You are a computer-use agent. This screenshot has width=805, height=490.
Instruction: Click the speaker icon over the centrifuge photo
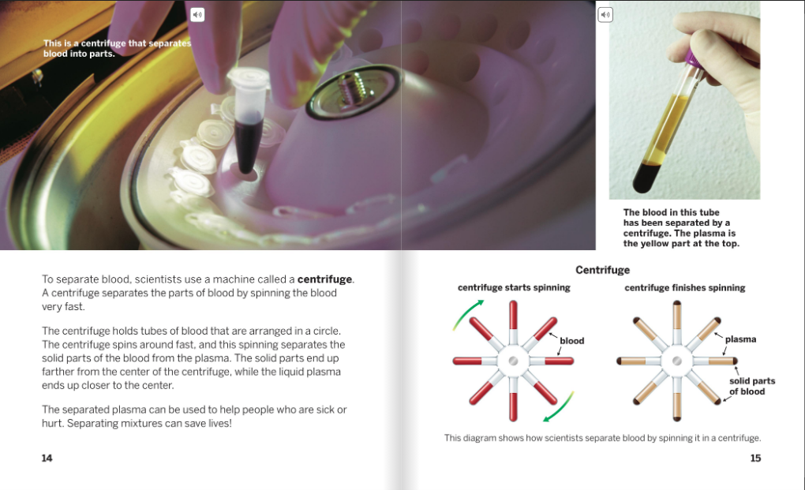click(x=197, y=15)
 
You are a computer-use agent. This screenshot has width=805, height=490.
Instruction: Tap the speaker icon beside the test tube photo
click(x=605, y=15)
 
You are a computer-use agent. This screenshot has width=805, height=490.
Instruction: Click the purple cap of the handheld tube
click(x=694, y=58)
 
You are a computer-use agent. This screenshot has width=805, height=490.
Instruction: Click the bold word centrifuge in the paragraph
click(x=324, y=279)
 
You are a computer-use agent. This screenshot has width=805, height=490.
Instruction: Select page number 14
click(x=47, y=458)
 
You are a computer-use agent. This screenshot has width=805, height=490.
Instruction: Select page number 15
click(x=755, y=458)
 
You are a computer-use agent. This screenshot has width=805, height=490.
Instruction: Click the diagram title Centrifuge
click(x=602, y=270)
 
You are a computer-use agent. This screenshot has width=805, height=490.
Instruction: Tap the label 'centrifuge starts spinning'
click(x=514, y=288)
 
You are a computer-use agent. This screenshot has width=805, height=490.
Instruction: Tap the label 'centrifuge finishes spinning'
click(x=685, y=288)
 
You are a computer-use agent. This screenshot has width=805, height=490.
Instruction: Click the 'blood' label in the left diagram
click(x=572, y=341)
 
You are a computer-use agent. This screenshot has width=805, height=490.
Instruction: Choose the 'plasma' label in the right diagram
click(x=740, y=339)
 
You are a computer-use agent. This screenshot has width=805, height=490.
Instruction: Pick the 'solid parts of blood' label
click(x=752, y=386)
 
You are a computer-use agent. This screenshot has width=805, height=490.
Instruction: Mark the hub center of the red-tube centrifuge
click(x=513, y=361)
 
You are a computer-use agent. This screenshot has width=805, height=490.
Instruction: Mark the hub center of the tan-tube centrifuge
click(x=677, y=361)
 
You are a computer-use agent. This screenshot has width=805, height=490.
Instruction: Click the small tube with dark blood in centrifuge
click(x=249, y=123)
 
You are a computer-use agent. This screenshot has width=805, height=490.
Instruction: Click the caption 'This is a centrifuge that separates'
click(x=117, y=43)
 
